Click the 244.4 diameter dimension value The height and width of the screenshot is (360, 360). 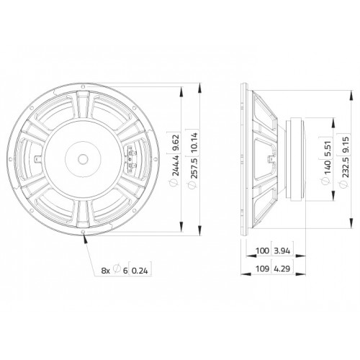[176, 166]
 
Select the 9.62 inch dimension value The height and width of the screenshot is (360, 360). [176, 143]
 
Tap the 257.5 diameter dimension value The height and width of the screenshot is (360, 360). [194, 168]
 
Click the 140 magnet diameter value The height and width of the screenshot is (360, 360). [327, 166]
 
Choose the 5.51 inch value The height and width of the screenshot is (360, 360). [327, 149]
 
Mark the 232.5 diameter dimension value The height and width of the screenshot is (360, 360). [346, 167]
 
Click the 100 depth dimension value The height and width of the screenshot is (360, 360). [262, 251]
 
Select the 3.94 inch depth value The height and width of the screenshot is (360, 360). [282, 251]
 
